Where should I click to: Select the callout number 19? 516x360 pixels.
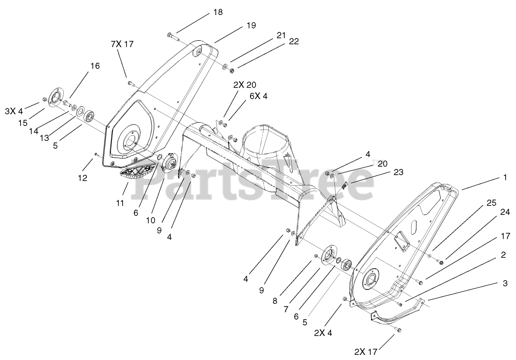[251, 26]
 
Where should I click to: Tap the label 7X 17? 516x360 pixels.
[122, 44]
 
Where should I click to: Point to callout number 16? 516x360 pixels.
[95, 66]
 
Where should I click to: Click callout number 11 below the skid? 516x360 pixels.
[120, 203]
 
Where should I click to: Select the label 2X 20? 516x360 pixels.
[244, 85]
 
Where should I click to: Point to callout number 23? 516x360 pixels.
[398, 172]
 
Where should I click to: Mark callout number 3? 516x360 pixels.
[505, 283]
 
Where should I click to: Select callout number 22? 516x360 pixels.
[294, 41]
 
